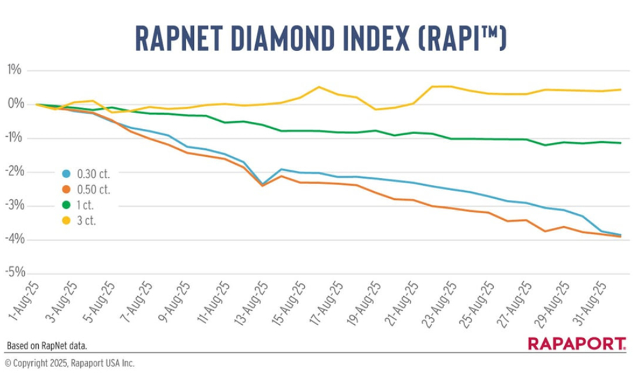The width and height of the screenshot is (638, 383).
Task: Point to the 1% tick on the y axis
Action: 15,70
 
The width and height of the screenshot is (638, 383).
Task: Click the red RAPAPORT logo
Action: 576,344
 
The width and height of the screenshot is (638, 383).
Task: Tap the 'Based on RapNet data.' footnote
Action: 47,346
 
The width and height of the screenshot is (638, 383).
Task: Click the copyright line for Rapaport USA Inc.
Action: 70,364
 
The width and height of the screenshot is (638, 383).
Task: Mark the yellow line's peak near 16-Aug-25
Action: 319,87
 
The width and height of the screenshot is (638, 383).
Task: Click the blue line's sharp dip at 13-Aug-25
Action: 262,184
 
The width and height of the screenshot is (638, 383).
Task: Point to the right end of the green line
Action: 621,143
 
